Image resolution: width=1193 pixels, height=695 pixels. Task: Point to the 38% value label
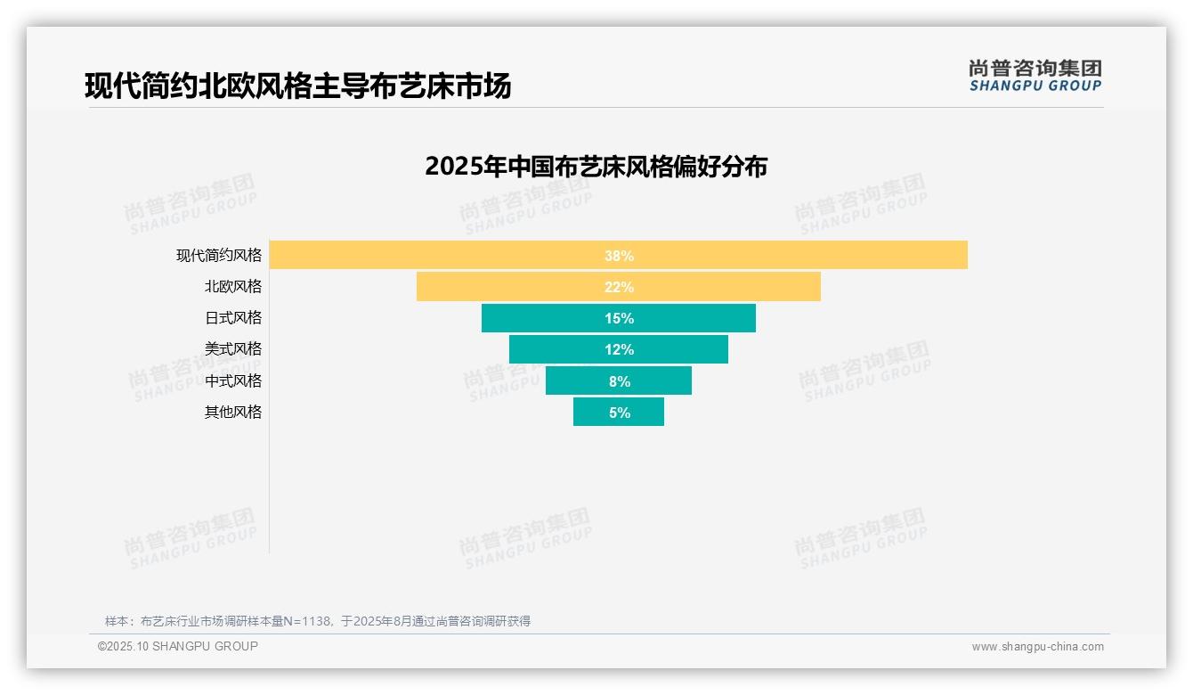619,256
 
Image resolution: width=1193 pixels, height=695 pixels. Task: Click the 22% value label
619,287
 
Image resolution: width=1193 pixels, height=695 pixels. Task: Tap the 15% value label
619,318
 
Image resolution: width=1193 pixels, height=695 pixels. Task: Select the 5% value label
620,413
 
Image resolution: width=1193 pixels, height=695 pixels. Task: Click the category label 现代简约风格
219,255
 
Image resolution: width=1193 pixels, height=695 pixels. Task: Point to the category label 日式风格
233,318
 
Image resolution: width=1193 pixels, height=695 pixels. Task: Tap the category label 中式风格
233,380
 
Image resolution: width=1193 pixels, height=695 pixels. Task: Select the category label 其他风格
233,412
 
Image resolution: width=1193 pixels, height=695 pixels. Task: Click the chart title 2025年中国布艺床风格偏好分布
596,167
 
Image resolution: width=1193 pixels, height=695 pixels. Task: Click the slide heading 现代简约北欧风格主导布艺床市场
297,86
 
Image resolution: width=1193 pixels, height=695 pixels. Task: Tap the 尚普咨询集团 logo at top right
1035,76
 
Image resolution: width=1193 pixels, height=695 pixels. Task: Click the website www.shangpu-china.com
1037,647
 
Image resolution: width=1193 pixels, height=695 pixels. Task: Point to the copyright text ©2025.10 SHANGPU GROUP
177,646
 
